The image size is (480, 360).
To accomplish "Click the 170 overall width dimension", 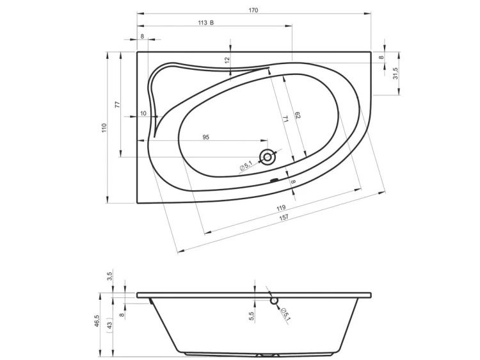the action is point(253,10).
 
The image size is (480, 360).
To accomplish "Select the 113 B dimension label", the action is point(205,22).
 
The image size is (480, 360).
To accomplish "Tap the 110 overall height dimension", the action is point(104,127).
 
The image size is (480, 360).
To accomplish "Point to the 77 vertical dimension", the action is point(118,104).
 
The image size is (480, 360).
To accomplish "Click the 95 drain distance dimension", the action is point(205,137).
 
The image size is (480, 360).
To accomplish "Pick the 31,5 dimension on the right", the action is point(396,73).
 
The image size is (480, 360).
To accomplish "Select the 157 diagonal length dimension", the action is point(284,217).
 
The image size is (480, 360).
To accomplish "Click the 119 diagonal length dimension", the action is point(281,208).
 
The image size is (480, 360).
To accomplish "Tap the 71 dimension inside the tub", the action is point(285,119).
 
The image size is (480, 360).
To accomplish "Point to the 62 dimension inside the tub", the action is point(297,115).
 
